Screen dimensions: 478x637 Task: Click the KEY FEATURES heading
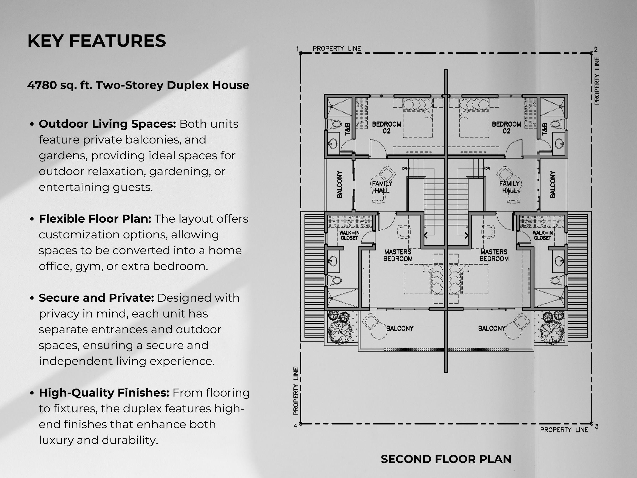pos(96,41)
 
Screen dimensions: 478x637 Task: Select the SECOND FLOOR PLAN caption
pos(446,459)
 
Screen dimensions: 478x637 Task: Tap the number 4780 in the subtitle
pos(42,85)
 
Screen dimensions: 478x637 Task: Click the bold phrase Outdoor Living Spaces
pos(107,124)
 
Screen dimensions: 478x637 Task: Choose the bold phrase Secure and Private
pos(96,298)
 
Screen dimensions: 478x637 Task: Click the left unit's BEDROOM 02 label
pos(386,127)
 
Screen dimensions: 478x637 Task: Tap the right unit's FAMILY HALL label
pos(509,187)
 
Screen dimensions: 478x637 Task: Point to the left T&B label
pos(347,129)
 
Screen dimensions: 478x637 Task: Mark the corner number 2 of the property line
pos(596,49)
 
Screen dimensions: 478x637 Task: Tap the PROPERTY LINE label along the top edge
pos(337,48)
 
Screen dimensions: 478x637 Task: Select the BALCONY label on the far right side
pos(552,184)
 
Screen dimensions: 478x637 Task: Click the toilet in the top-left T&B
pos(335,124)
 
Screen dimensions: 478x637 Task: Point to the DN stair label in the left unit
pos(404,168)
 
